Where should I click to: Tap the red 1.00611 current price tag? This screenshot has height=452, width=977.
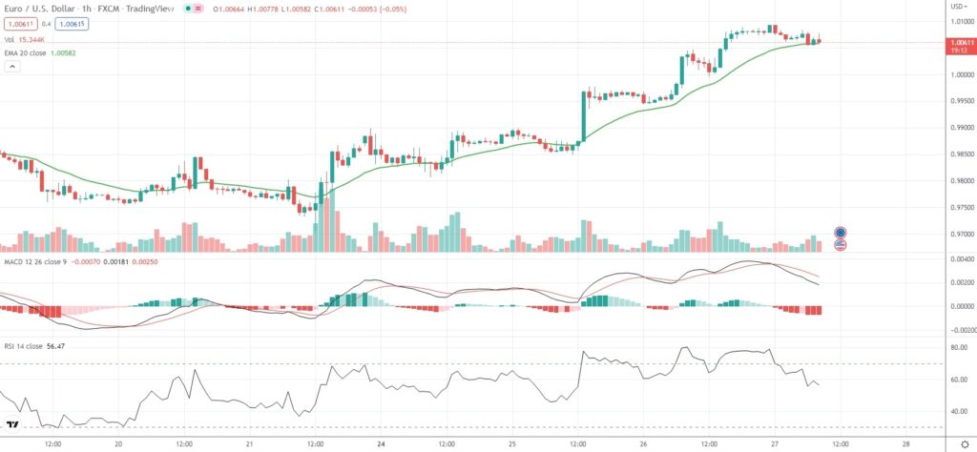tap(957, 43)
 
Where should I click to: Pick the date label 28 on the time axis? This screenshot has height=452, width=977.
tap(904, 443)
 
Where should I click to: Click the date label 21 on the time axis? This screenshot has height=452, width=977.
tap(249, 443)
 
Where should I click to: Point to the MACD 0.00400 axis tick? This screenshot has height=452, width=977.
tap(955, 259)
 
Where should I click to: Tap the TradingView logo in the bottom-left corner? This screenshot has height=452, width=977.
tap(13, 424)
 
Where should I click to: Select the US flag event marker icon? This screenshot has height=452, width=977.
tap(841, 245)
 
